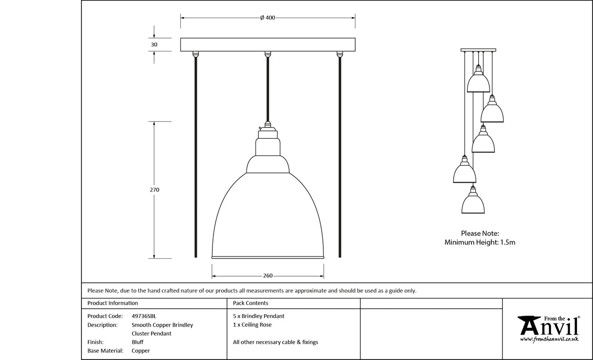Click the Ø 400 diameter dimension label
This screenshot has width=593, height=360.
268,18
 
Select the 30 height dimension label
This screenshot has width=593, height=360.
154,44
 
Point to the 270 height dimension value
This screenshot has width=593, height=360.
154,190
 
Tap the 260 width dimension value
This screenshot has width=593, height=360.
268,275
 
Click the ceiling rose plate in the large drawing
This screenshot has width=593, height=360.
268,44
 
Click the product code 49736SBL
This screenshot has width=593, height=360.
144,316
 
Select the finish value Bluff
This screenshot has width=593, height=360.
138,342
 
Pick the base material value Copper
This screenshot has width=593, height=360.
141,351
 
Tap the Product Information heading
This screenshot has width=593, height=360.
113,303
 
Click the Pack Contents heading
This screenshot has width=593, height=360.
251,303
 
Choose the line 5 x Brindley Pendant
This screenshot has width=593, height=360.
258,316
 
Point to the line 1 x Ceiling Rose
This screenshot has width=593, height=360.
252,325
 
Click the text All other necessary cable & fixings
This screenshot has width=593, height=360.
275,342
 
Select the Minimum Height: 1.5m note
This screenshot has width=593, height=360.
480,242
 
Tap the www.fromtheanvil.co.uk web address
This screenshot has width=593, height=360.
549,339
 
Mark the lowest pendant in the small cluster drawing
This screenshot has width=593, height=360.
473,203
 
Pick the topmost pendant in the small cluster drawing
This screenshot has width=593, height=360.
478,82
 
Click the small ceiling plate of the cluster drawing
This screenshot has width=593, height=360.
478,50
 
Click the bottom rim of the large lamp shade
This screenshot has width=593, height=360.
268,257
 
